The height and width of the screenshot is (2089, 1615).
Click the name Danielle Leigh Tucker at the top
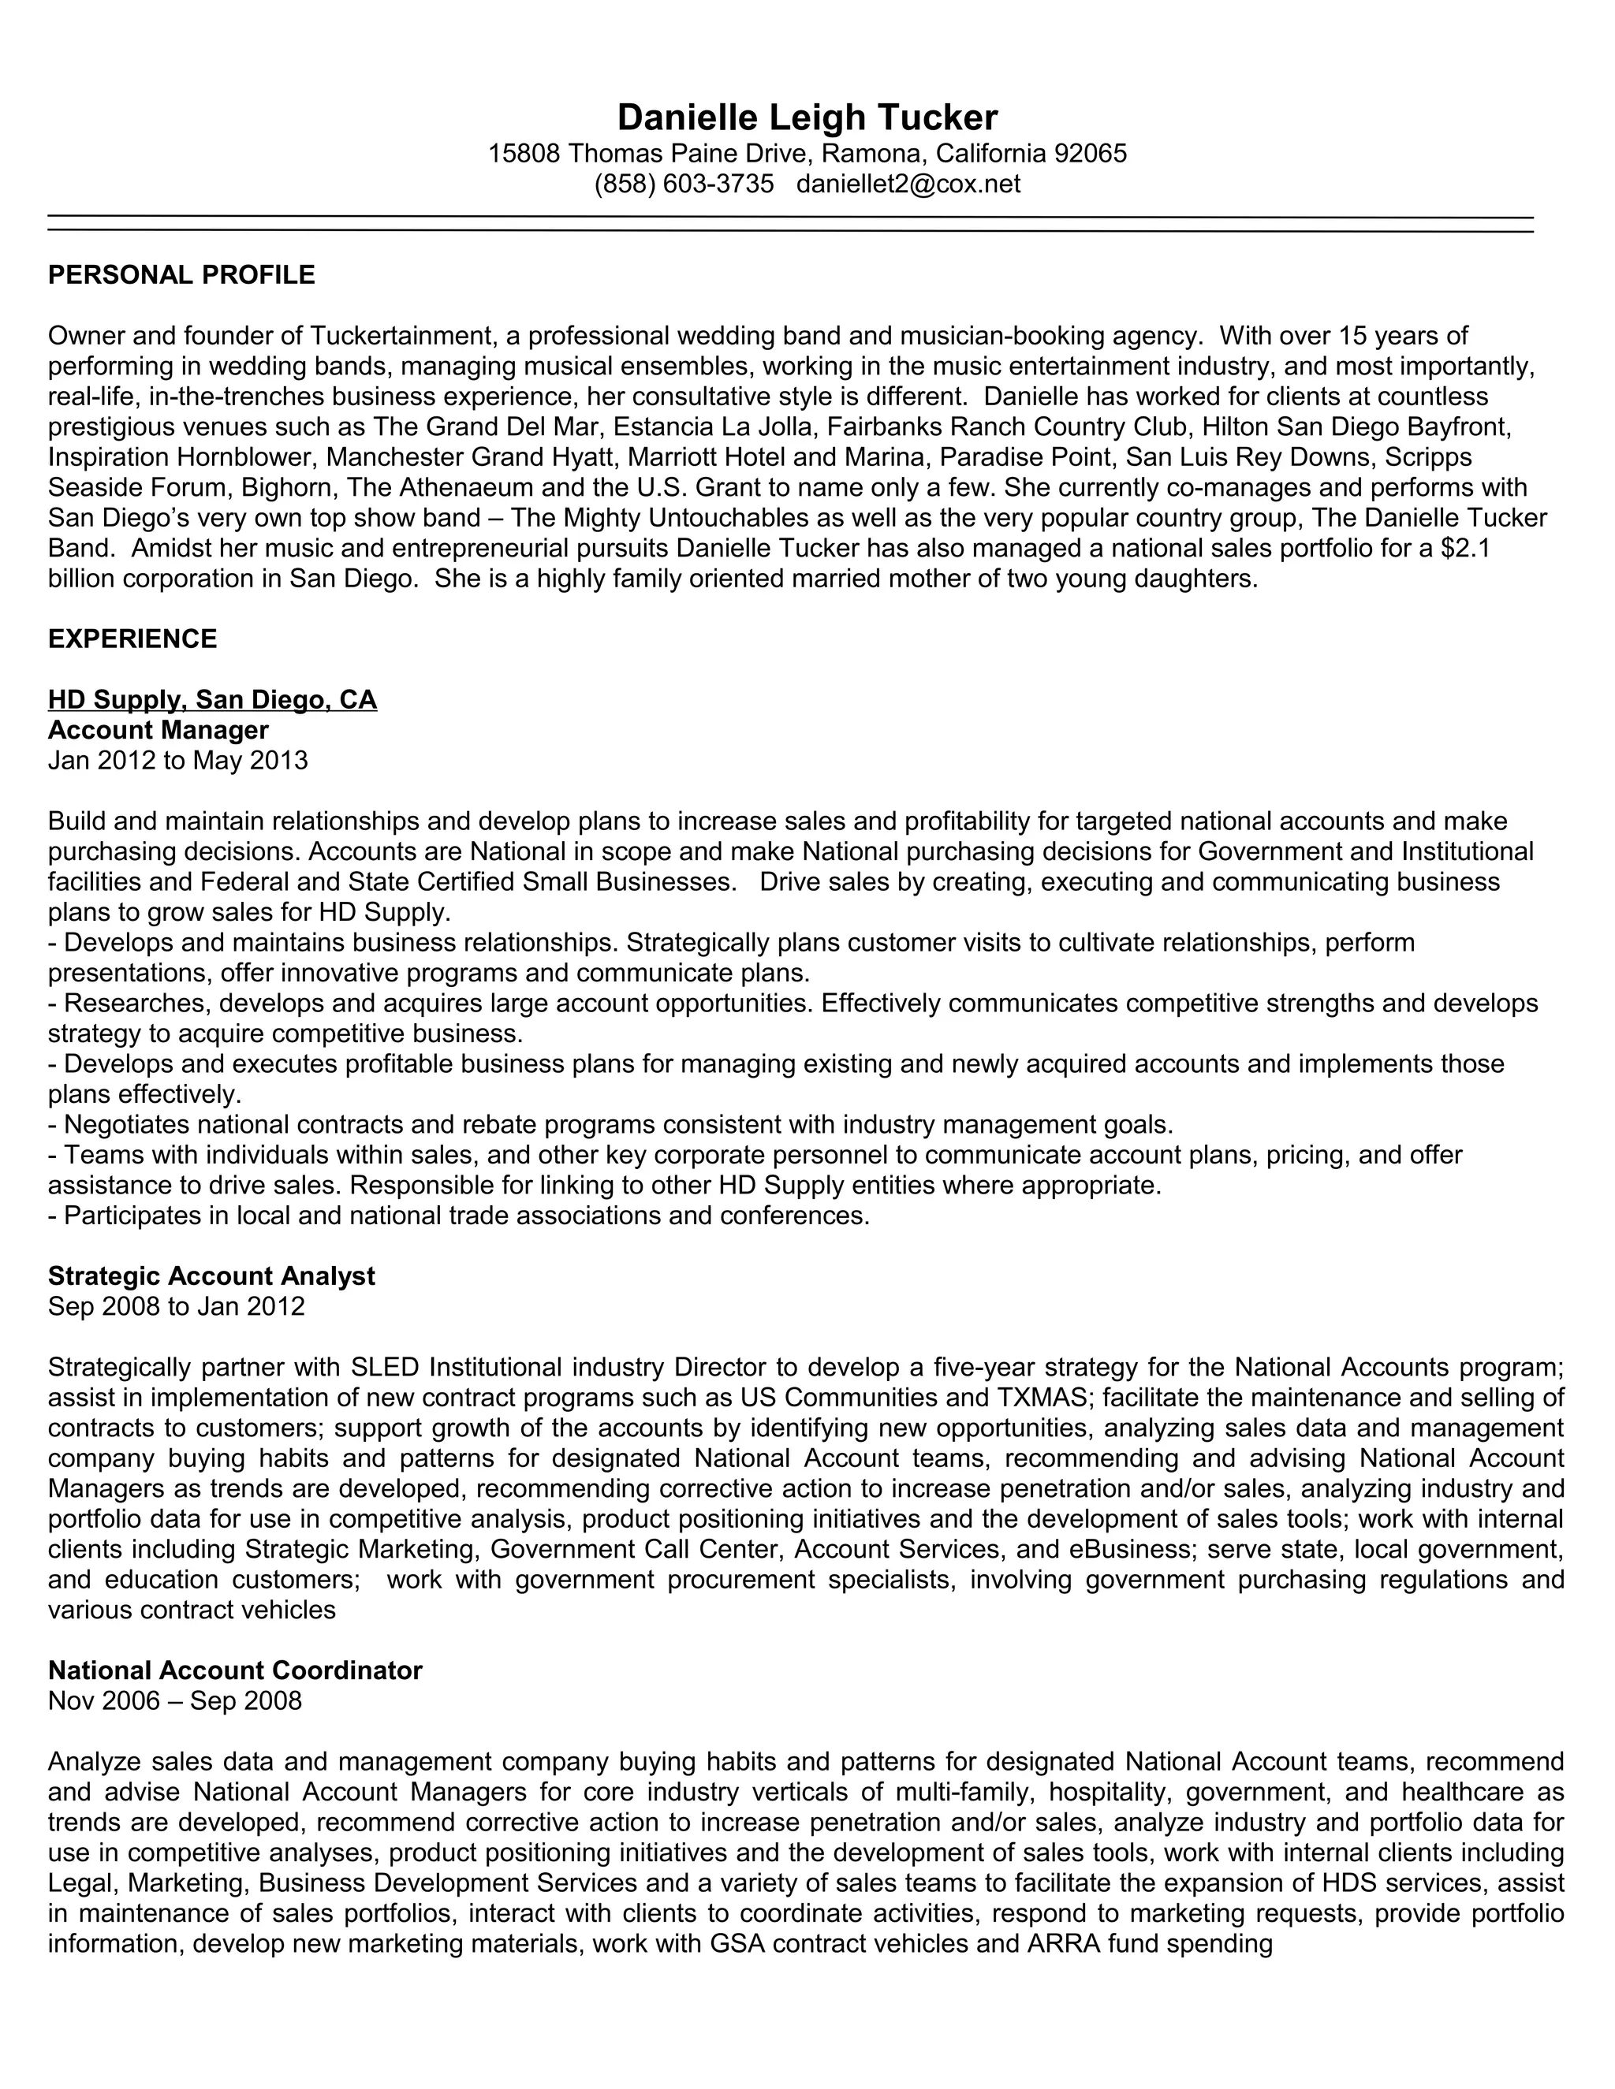[807, 117]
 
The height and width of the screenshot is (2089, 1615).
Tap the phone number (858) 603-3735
[683, 184]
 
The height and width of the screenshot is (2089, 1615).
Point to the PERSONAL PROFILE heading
[181, 275]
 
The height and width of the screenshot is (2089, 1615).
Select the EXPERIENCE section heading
[132, 639]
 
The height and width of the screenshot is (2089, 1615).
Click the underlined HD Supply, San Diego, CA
[212, 700]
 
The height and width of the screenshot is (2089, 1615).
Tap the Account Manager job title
[158, 731]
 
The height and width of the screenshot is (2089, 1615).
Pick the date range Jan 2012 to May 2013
[178, 761]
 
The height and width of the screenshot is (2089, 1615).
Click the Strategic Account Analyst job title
[211, 1276]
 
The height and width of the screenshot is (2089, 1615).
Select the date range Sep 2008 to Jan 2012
[176, 1306]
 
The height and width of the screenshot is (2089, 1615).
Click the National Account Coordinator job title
[234, 1670]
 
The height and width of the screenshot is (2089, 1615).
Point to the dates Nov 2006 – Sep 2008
[174, 1700]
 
